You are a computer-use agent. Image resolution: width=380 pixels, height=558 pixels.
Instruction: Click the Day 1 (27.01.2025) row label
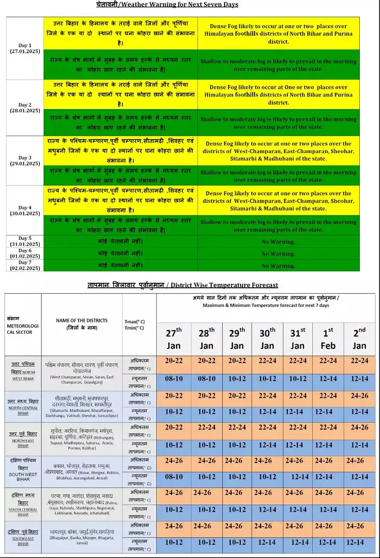tap(24, 48)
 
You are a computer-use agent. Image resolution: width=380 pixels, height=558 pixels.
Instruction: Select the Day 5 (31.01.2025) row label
tap(24, 242)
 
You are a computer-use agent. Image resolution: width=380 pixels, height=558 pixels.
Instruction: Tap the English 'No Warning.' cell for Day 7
tap(278, 266)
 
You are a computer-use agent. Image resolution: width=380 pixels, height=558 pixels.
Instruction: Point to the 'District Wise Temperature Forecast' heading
tap(183, 284)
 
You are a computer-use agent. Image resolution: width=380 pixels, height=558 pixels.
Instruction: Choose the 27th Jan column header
tap(174, 338)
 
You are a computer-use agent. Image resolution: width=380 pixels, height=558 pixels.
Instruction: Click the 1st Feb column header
tap(328, 338)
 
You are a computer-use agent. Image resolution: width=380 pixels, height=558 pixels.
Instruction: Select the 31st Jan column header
tap(297, 338)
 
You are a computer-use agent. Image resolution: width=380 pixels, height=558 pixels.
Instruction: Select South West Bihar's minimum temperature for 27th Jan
tap(174, 477)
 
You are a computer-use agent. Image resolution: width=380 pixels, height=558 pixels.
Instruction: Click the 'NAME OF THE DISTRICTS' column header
tap(81, 324)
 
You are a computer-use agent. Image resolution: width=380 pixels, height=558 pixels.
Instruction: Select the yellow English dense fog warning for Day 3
tap(278, 151)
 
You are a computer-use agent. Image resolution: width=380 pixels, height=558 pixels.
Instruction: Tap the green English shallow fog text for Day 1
tap(278, 65)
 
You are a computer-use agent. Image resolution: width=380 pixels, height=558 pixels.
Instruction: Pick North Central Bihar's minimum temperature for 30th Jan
tap(267, 412)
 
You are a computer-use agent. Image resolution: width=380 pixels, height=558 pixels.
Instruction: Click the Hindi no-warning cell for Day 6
tap(121, 253)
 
